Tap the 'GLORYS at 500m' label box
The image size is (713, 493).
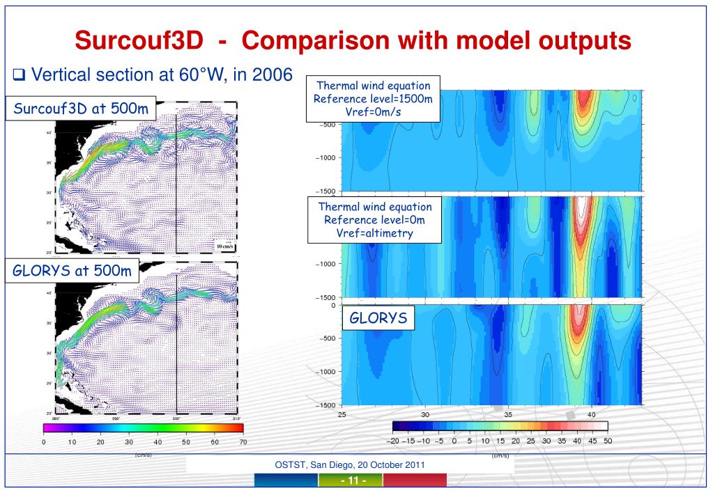tap(72, 271)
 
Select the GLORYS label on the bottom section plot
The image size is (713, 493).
tap(377, 319)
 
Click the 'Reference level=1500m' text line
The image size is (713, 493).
tap(375, 98)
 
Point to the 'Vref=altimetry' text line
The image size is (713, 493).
tap(375, 233)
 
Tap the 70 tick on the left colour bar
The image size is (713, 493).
tap(243, 441)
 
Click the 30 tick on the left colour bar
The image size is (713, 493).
tap(129, 441)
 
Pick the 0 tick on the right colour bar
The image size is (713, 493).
tap(454, 440)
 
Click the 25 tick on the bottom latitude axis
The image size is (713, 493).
tap(342, 414)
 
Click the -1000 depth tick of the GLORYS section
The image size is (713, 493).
tap(326, 371)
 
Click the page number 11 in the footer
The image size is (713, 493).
tap(351, 480)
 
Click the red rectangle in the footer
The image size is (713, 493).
tap(415, 480)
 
